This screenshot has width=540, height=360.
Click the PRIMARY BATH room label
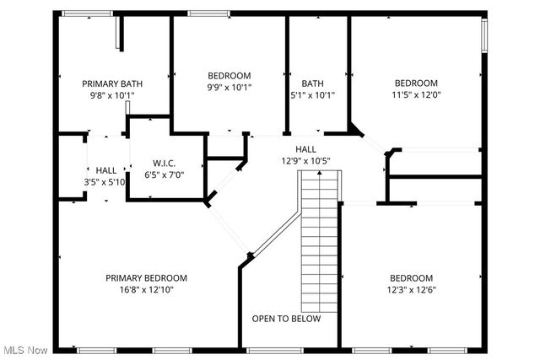point(111,83)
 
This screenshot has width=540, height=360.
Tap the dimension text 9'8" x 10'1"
point(111,95)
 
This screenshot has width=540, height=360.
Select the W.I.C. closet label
point(164,163)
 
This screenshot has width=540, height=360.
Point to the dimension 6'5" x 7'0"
point(164,175)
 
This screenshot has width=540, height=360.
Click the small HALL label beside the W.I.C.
point(105,170)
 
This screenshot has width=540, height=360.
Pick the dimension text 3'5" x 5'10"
point(105,182)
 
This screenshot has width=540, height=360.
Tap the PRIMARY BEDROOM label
point(146,277)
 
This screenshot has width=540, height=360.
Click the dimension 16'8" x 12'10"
point(146,289)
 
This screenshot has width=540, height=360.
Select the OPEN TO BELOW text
point(286,319)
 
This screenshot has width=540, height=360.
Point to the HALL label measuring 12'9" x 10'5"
point(305,149)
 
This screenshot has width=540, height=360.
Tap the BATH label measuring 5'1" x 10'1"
point(313,83)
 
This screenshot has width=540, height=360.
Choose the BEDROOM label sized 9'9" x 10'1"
point(229,75)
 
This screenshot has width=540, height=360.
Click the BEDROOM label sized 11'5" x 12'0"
point(417,83)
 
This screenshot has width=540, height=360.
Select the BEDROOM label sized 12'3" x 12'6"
point(411,278)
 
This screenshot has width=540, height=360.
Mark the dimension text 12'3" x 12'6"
point(411,290)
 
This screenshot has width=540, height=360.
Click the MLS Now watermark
point(24,350)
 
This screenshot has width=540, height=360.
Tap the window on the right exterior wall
point(484,36)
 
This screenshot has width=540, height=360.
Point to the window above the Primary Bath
point(89,13)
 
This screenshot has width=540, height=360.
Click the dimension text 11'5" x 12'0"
point(417,94)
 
